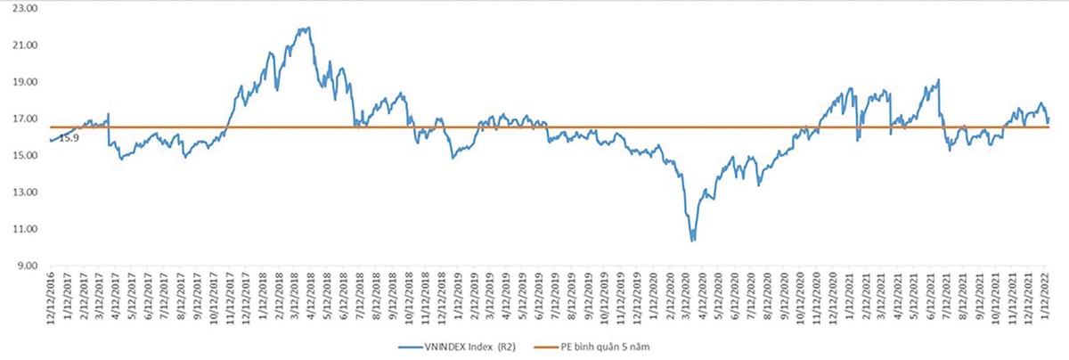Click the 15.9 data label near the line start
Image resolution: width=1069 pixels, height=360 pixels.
pos(69,138)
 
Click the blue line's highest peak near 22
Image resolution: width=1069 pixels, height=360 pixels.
pos(307,28)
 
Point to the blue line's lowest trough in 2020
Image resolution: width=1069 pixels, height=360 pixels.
pos(692,241)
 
